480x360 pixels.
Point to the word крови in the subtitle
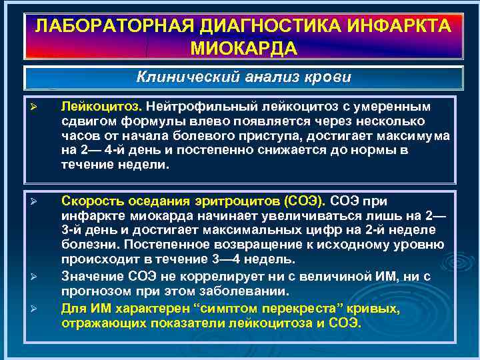[x=326, y=77]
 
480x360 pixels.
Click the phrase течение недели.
[x=116, y=166]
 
